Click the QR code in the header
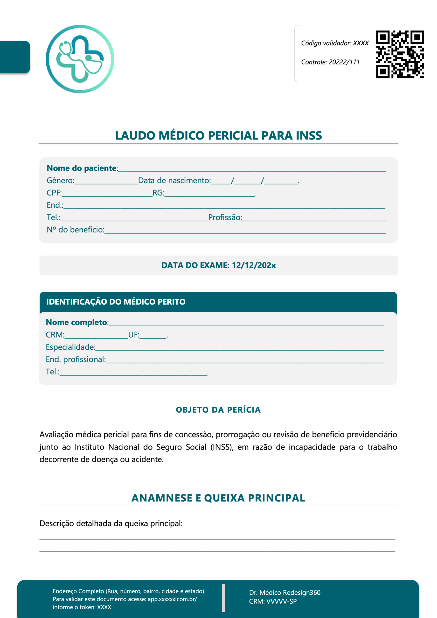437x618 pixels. point(400,54)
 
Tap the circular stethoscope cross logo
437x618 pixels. point(80,59)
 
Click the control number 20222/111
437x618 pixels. point(344,62)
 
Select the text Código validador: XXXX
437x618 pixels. point(334,43)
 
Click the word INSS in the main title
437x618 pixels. point(309,135)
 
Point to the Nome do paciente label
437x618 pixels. point(82,168)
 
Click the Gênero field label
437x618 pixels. point(60,180)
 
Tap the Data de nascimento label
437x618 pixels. point(174,180)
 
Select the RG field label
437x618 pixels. point(158,193)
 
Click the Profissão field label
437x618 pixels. point(225,217)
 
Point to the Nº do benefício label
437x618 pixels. point(75,230)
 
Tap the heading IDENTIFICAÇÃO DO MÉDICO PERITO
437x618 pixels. point(116,302)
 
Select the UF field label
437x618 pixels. point(134,335)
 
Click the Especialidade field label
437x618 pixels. point(70,347)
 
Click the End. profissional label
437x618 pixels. point(76,359)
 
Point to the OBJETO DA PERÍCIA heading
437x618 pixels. point(218,410)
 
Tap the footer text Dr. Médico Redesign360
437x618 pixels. point(285,592)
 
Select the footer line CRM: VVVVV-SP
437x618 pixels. point(273,601)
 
